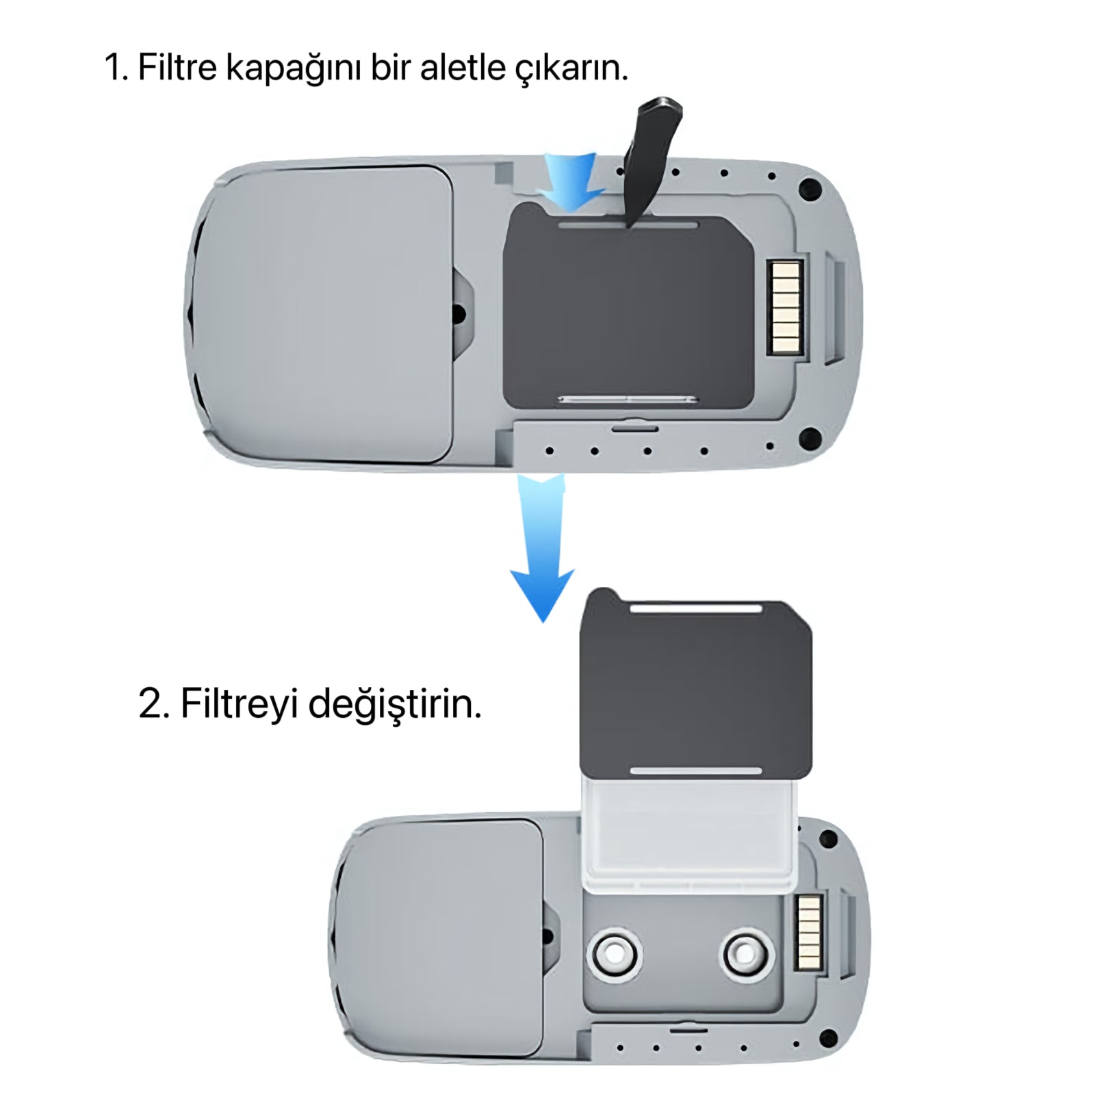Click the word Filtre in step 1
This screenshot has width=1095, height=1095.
point(177,67)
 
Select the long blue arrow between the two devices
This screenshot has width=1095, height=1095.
point(543,547)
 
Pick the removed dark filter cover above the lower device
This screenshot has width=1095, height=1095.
point(695,684)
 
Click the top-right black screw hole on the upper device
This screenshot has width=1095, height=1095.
point(810,189)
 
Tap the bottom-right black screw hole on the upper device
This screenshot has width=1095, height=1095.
point(810,437)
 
